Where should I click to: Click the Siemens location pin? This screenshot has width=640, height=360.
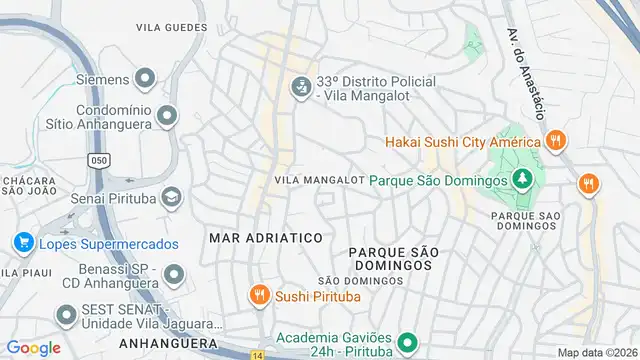coord(145,79)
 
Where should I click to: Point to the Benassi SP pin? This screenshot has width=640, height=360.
coord(174,273)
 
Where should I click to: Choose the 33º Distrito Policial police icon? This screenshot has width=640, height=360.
coord(298,88)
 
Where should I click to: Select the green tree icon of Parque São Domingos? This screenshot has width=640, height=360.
coord(520,180)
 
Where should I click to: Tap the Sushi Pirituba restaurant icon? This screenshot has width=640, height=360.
coord(259,294)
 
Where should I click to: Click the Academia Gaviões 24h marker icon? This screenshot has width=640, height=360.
coord(406,344)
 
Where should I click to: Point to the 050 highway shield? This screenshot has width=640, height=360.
coord(98,160)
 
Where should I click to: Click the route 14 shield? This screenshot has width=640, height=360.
coord(257,355)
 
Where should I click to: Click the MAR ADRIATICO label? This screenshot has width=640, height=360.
coord(265,238)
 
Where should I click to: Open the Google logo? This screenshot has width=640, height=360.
coord(33,348)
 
